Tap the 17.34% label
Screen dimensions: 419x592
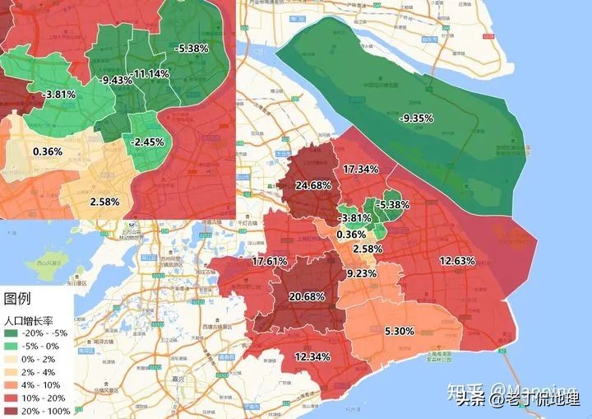[360, 169]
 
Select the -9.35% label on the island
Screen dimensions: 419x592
[416, 119]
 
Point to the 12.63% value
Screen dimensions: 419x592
[457, 261]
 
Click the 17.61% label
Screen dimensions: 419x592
[269, 261]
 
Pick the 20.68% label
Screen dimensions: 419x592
[306, 296]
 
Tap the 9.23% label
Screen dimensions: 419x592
[361, 273]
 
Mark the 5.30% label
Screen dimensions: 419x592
[399, 331]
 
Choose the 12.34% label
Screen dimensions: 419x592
[312, 356]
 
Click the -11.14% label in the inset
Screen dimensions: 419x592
[150, 74]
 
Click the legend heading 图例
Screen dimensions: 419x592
[18, 298]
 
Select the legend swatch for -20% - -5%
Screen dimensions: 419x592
[12, 333]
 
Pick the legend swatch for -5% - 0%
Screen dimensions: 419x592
[12, 346]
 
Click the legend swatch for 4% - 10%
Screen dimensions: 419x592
[12, 384]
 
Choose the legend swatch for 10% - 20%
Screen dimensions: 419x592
[12, 398]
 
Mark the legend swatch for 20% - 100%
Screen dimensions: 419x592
[12, 410]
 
